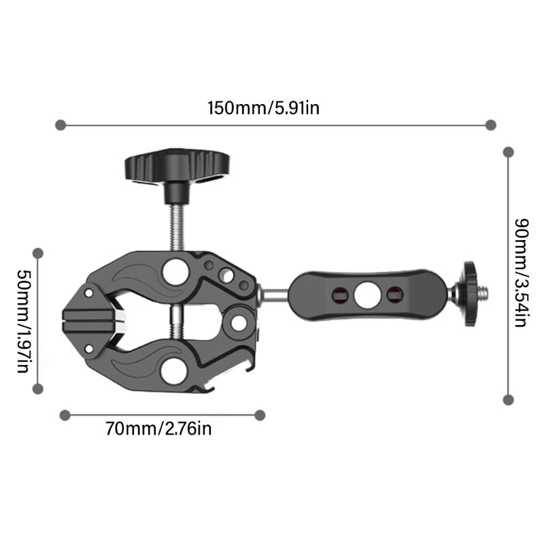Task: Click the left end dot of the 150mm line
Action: (61, 125)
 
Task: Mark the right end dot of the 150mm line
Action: (491, 125)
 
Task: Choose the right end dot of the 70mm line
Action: (260, 414)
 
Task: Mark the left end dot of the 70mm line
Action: (65, 414)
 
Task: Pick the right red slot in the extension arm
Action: (393, 294)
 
